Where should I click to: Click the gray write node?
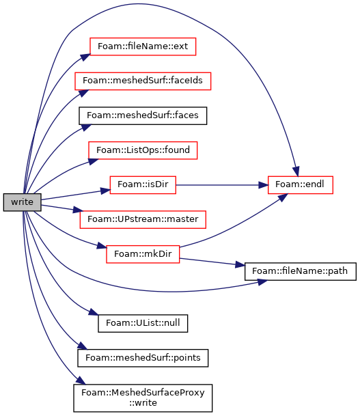click(x=23, y=202)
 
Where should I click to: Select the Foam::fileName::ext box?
click(x=143, y=46)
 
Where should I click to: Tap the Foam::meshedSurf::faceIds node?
click(x=143, y=81)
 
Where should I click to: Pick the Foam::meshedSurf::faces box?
click(x=143, y=115)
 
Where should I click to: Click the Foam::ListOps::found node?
click(x=143, y=150)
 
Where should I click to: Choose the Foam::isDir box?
click(x=143, y=184)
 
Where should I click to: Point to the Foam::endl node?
click(x=300, y=184)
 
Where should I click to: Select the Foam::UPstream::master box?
click(x=143, y=219)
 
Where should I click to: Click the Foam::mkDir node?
click(x=143, y=254)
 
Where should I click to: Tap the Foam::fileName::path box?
click(x=300, y=271)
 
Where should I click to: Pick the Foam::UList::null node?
click(x=143, y=323)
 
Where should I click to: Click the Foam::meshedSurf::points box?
click(x=143, y=358)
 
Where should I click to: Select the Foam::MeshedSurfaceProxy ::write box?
click(x=143, y=398)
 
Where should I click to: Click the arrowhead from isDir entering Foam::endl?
click(x=263, y=185)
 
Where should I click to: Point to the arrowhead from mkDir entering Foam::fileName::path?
click(x=240, y=265)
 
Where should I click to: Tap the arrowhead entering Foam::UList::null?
click(x=94, y=312)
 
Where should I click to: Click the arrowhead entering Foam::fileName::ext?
click(x=86, y=57)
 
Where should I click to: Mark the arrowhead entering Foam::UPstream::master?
click(x=78, y=210)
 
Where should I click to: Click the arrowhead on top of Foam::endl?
click(x=296, y=171)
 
